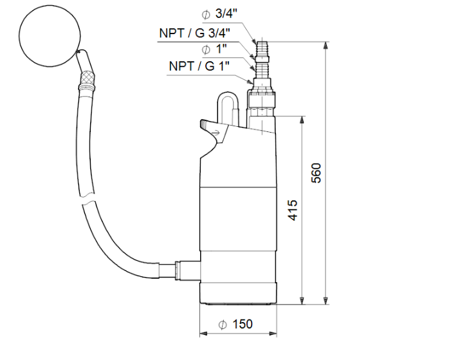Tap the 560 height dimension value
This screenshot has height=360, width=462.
pos(316,172)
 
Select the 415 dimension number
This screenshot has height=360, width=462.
pos(293,209)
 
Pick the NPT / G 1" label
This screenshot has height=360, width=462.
pos(200,66)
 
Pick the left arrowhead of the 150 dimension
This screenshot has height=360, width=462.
pos(204,334)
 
